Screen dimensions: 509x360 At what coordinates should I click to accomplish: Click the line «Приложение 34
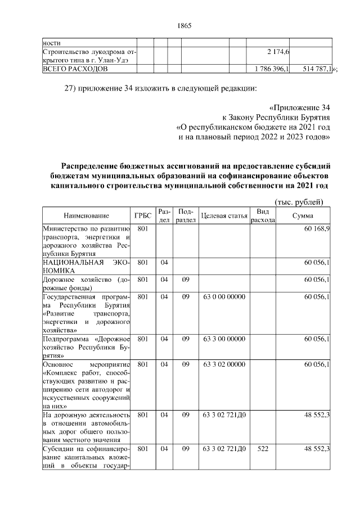299,107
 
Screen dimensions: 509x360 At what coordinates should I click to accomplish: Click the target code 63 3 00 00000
223,339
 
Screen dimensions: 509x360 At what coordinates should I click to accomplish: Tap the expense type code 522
262,448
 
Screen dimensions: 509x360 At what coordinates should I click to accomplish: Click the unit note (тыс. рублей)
298,201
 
